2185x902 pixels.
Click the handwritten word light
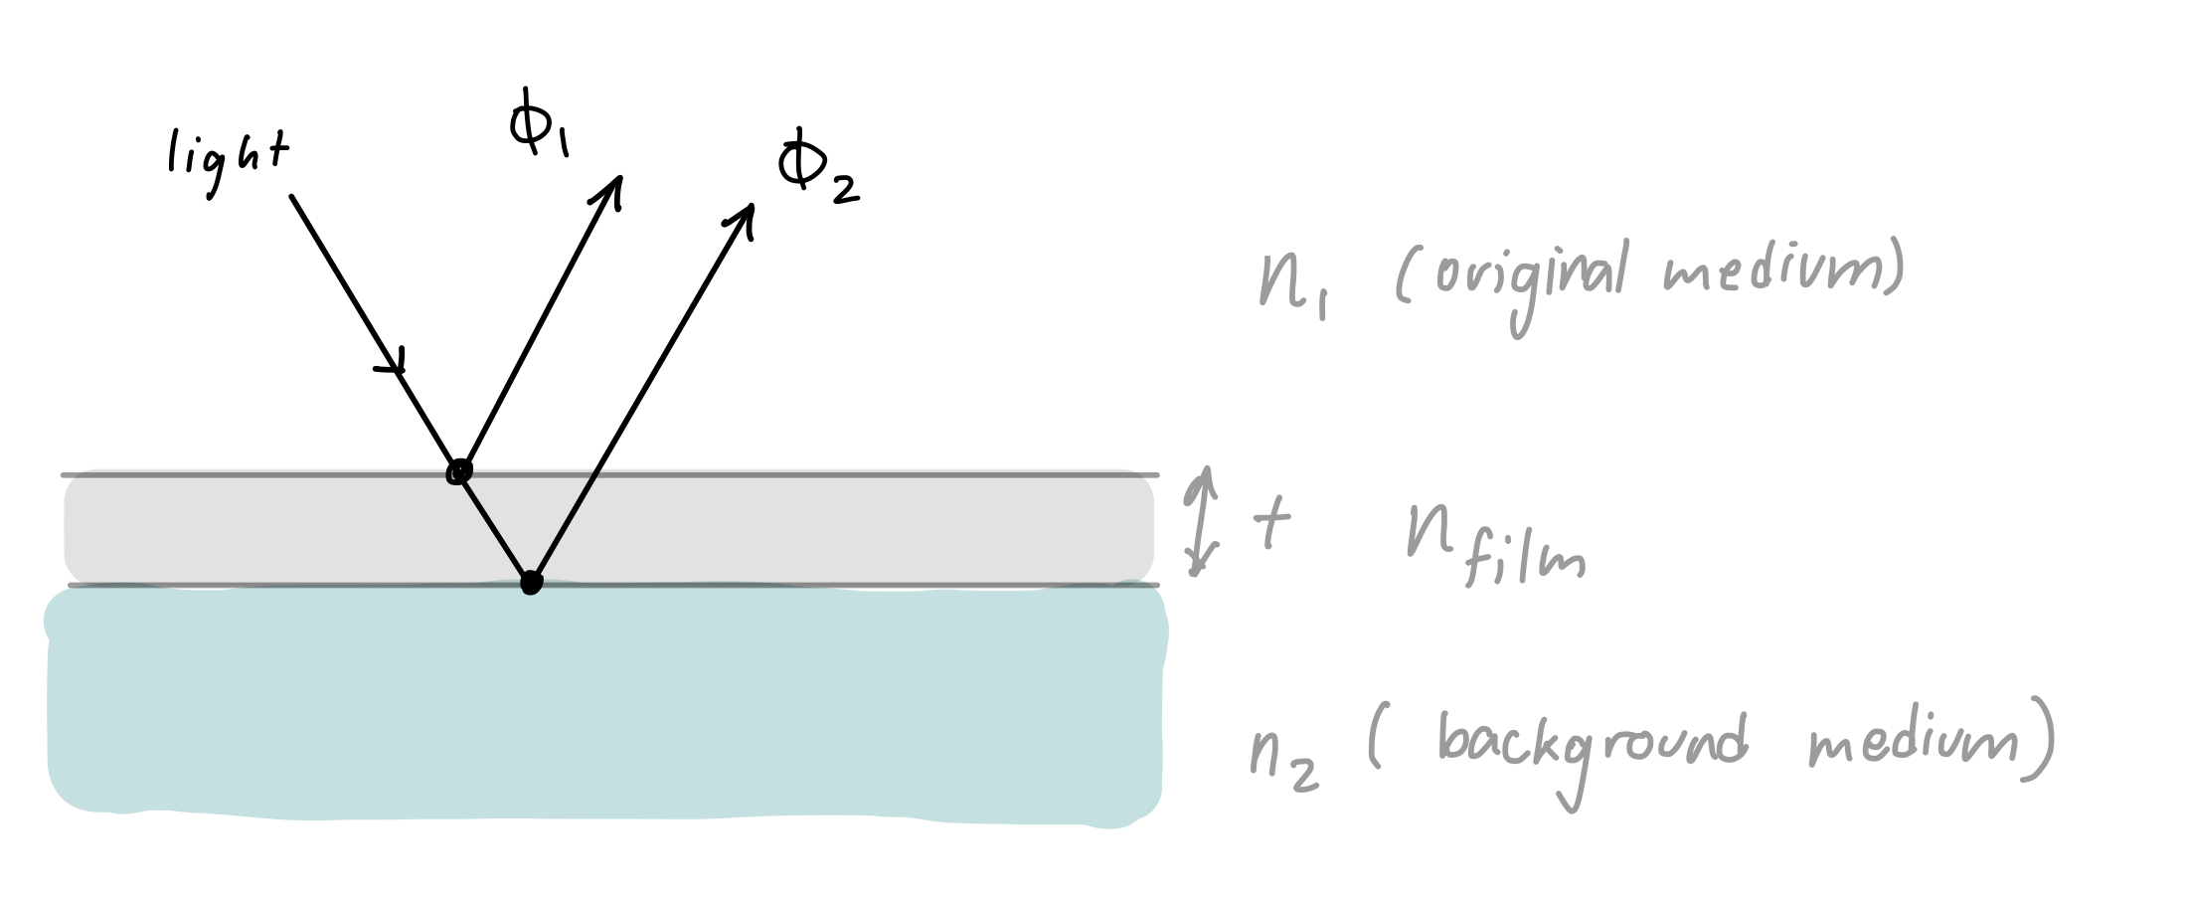(229, 161)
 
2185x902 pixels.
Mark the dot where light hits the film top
(458, 471)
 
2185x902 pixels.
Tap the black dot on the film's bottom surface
(532, 583)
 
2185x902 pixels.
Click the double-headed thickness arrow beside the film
(1203, 520)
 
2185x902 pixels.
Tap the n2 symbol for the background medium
(1283, 760)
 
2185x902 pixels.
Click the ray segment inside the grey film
(494, 527)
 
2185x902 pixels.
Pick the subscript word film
(1526, 562)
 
